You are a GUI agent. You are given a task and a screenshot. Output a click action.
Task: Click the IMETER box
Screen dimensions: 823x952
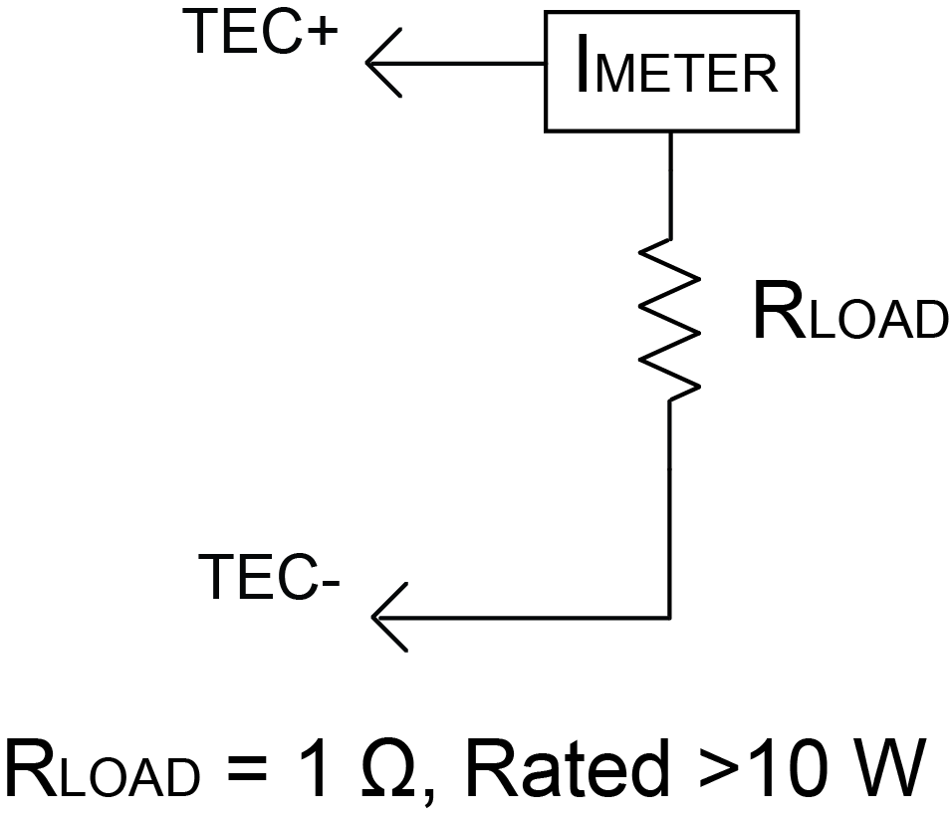click(x=672, y=72)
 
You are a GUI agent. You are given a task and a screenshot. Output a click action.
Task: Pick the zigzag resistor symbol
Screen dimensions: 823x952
click(x=669, y=320)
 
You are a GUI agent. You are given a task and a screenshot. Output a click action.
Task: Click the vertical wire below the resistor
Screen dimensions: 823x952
click(x=669, y=508)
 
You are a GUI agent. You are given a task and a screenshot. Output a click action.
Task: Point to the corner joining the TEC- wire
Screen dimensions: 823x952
click(x=669, y=617)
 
